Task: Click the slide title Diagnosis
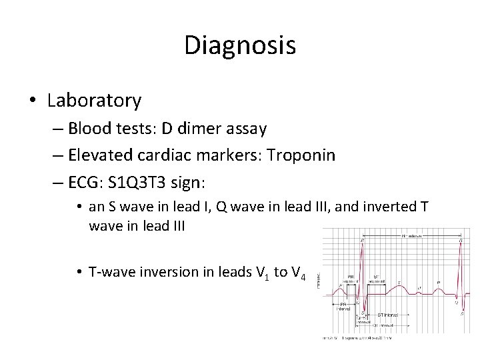tap(239, 46)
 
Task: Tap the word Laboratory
tap(94, 101)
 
